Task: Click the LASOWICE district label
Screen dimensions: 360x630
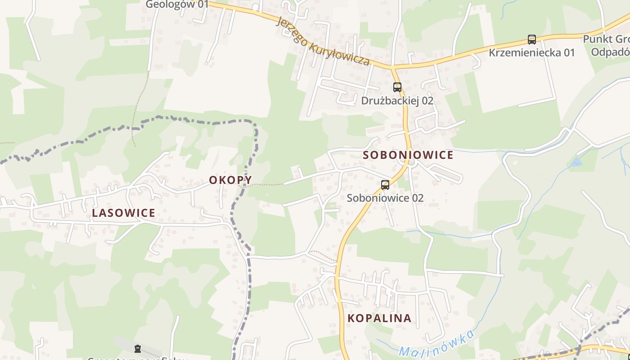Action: tap(123, 213)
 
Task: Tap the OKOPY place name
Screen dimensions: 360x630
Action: tap(230, 180)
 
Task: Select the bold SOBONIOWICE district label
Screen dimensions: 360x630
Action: tap(408, 155)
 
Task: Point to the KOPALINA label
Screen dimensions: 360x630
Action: tap(379, 318)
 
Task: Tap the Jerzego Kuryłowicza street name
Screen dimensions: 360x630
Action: tap(324, 41)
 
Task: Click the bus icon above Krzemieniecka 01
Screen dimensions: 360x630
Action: tap(531, 40)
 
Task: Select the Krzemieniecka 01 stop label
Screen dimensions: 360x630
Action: tap(531, 53)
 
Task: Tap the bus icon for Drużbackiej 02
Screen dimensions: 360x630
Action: tap(397, 87)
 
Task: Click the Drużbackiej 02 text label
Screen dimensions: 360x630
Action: tap(397, 100)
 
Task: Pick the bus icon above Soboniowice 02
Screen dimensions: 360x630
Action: tap(385, 184)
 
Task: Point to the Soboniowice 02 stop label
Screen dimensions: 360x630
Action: tap(385, 198)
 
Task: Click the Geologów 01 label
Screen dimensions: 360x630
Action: tap(177, 4)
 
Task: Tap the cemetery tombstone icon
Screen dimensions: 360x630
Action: tap(137, 348)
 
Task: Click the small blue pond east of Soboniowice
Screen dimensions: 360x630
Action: tap(576, 162)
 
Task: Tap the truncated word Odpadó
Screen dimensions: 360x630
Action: tap(610, 52)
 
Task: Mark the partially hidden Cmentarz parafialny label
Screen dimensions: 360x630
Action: tap(137, 359)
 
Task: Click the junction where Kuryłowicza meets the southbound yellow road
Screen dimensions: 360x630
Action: tap(392, 68)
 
